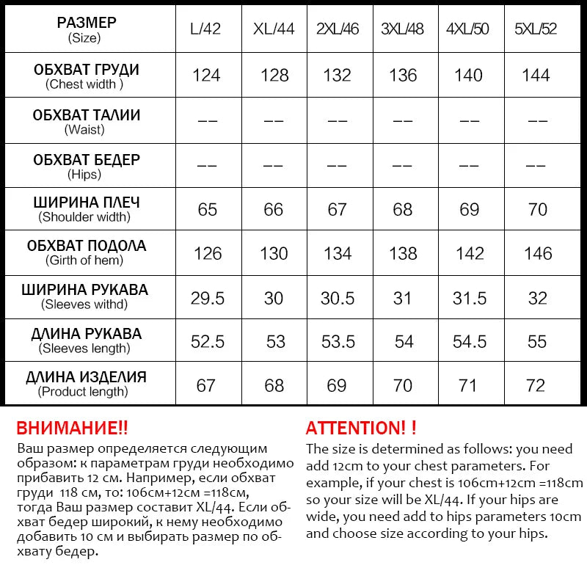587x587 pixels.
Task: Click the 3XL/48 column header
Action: coord(403,30)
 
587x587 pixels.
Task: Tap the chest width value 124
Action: coord(206,75)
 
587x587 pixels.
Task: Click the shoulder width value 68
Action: coord(403,209)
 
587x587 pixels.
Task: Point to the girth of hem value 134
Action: coord(338,253)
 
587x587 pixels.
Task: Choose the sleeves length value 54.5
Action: coord(470,341)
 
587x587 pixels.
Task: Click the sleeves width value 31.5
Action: coord(470,298)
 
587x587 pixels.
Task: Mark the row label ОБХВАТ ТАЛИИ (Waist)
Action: coord(87,122)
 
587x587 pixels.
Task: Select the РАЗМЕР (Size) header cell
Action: coord(87,29)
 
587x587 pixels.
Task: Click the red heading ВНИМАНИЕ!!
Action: coord(72,429)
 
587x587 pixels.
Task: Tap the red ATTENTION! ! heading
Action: coord(361,429)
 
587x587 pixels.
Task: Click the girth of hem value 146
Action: coord(538,253)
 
